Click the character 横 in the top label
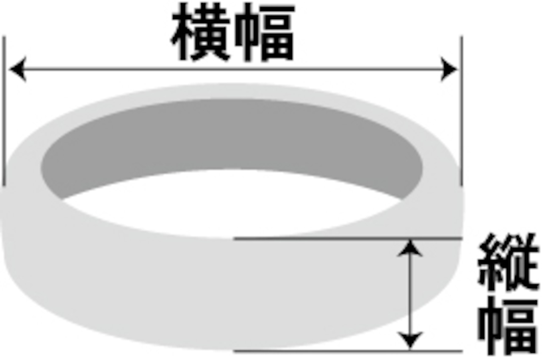click(200, 33)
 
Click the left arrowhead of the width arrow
click(17, 69)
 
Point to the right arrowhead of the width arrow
click(448, 69)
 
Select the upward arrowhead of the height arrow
click(410, 248)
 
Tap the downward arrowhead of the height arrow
click(410, 341)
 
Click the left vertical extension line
click(4, 111)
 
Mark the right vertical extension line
click(462, 111)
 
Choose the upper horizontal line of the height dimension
click(348, 239)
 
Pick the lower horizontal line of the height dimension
click(348, 350)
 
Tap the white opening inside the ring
click(231, 203)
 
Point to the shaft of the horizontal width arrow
click(233, 69)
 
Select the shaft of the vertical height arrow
click(410, 294)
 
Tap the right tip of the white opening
click(401, 200)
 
